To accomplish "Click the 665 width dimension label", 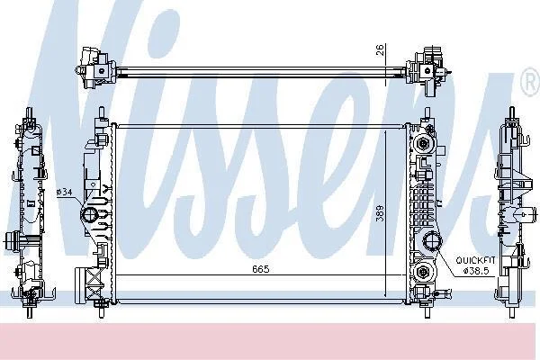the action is [260, 269].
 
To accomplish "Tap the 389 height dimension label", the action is [380, 213].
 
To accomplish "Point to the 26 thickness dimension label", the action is [381, 50].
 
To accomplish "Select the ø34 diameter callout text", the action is [64, 192].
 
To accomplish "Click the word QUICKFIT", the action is [475, 260].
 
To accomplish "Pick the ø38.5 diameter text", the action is [476, 271].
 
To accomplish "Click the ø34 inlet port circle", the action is [89, 215].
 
